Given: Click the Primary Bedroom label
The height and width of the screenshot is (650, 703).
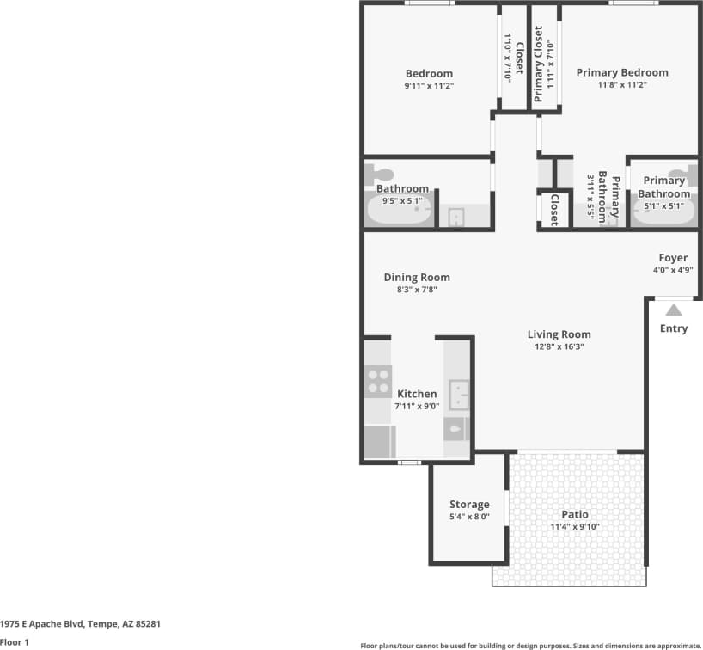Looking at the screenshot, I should (x=621, y=72).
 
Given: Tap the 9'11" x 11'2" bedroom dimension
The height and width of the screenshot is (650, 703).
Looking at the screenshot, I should (x=429, y=86).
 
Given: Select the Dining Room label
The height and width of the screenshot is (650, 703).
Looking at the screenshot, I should (x=417, y=277).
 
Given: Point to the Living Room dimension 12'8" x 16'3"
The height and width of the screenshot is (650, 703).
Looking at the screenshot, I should (x=559, y=347).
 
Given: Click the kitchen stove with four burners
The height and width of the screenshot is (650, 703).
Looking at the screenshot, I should (x=379, y=381).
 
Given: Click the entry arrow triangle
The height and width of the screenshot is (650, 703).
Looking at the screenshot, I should (x=675, y=310).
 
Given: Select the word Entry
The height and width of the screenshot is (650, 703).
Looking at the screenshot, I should (x=674, y=328).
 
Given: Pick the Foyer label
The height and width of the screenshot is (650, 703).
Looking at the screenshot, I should (x=673, y=258).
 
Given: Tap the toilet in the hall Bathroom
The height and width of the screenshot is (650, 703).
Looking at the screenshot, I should (x=384, y=175).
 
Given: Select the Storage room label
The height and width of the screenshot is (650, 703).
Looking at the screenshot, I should (x=469, y=505).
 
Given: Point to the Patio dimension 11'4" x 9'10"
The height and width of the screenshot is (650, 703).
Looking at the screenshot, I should (x=575, y=527).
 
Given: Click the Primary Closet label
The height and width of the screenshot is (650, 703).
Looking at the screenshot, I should (x=539, y=64).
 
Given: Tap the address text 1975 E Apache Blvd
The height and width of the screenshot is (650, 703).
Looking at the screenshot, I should (x=81, y=623).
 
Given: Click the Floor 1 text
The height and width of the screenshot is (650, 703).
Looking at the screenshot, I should (x=15, y=641).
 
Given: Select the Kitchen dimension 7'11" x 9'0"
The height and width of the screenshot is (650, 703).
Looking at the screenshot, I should (x=417, y=406).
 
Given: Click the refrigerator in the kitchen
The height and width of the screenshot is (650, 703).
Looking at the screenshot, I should (x=379, y=442).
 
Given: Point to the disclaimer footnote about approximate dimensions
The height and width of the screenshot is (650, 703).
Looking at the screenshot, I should (x=530, y=644).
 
